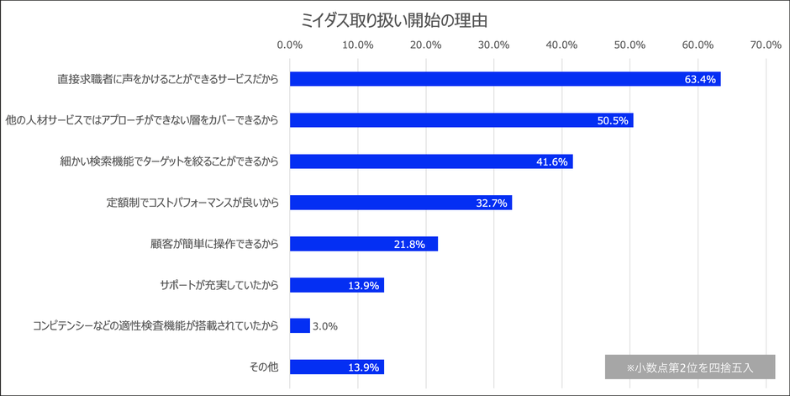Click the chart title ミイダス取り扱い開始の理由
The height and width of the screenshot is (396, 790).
395,18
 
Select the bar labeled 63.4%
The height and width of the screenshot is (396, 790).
505,79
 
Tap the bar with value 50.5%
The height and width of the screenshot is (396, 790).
461,120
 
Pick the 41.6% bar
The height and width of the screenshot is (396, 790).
431,161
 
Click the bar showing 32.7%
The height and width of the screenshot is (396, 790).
401,203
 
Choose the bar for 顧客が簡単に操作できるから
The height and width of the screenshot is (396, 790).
364,244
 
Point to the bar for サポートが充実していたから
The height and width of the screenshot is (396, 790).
337,285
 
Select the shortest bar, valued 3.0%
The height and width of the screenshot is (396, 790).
300,326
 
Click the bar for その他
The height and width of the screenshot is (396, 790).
337,367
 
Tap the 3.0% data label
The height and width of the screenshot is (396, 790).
325,326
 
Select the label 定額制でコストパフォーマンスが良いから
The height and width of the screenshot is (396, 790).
192,203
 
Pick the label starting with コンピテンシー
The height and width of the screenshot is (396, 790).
155,326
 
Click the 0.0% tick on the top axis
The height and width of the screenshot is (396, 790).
290,45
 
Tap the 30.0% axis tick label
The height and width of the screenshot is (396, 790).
493,45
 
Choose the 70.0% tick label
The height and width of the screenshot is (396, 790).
766,45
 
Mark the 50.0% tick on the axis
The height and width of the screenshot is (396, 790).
629,45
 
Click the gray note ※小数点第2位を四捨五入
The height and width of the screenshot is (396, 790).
689,367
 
